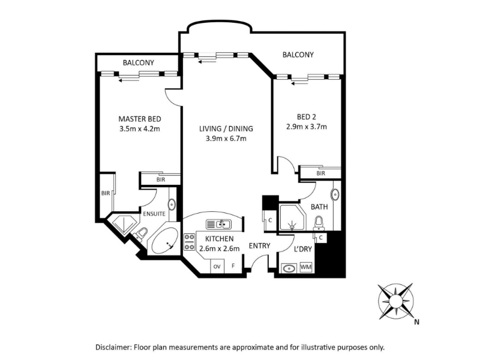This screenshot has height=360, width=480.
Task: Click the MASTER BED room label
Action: (140, 119)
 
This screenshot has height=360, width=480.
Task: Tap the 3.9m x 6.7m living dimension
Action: (226, 139)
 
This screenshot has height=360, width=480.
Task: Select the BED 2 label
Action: (307, 116)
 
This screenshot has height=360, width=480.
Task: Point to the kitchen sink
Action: (218, 224)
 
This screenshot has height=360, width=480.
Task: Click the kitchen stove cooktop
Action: (190, 242)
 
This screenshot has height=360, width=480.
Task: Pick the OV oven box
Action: (217, 266)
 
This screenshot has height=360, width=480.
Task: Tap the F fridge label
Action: (233, 266)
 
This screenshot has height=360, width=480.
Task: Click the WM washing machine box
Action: (306, 267)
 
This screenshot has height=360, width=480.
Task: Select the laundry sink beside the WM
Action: (289, 268)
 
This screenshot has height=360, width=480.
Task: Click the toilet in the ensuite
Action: (142, 233)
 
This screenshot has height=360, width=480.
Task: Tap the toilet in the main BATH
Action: (319, 223)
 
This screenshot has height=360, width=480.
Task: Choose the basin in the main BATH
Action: (335, 194)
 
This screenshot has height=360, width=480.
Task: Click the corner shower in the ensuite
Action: (124, 225)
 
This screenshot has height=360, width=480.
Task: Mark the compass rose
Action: (396, 301)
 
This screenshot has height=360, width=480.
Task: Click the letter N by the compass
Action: (416, 322)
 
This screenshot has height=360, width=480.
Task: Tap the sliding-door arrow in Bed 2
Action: (299, 83)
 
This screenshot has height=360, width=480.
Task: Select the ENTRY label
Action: (260, 245)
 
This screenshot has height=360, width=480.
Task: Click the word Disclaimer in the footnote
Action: (113, 347)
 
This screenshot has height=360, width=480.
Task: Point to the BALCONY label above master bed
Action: (139, 62)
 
